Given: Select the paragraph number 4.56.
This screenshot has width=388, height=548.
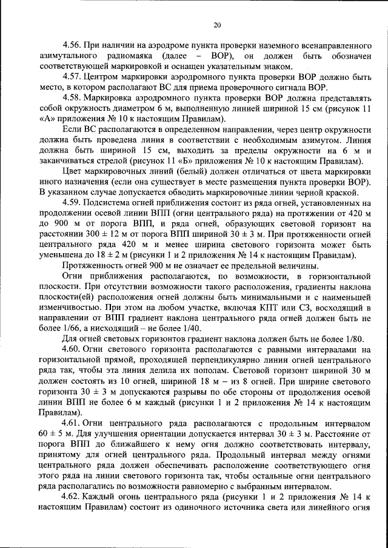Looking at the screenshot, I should tap(73, 46).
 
